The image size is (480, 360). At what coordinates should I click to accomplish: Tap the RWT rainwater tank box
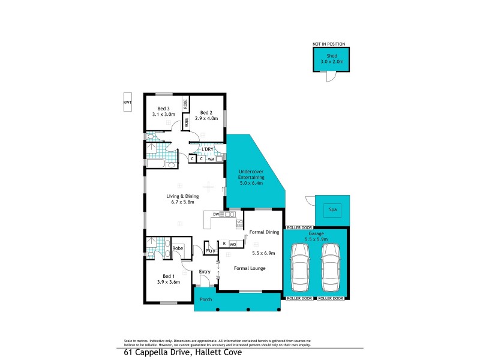127,103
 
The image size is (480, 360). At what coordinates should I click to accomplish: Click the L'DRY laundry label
208,149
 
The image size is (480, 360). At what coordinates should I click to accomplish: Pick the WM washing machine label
211,159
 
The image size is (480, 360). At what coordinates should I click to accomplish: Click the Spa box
332,209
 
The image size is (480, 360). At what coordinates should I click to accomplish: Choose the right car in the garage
331,266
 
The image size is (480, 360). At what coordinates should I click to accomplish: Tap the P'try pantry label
210,250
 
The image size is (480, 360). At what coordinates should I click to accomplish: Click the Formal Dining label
264,232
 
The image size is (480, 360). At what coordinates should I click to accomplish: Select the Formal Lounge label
250,268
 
